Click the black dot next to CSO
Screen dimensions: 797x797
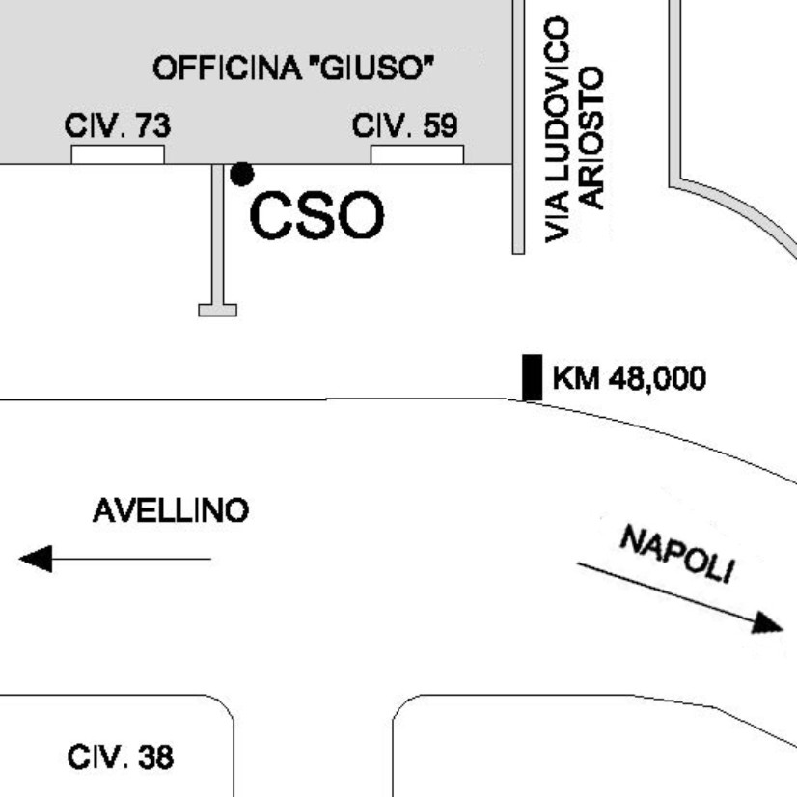click(x=241, y=174)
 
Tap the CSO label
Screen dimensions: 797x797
click(x=316, y=216)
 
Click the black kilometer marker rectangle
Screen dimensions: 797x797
click(x=532, y=377)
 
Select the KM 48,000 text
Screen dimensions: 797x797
click(x=628, y=377)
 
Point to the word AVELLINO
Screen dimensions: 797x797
click(x=170, y=510)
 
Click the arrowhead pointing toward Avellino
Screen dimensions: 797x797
click(x=36, y=559)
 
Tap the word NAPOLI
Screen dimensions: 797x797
click(x=676, y=554)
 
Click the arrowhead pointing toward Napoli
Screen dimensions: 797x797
click(x=768, y=624)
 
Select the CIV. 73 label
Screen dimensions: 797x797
click(x=118, y=125)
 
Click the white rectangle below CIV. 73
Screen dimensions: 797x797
click(x=118, y=154)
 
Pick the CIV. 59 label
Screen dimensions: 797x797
click(x=405, y=125)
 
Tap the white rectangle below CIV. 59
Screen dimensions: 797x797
click(x=417, y=154)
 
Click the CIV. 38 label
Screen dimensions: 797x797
click(x=121, y=757)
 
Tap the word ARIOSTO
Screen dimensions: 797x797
click(x=591, y=137)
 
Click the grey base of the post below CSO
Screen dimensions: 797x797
click(x=217, y=310)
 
